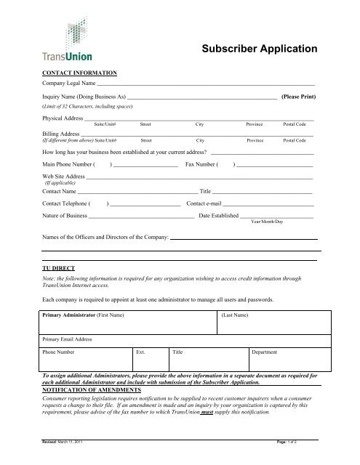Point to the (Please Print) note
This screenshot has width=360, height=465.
297,96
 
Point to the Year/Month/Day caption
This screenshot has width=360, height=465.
266,221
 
